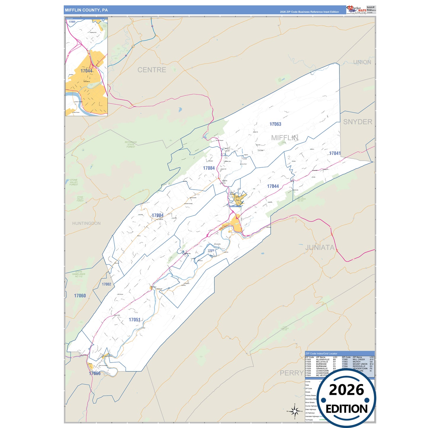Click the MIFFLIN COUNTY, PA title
(86, 10)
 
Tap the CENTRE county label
(152, 70)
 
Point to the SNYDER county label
(358, 122)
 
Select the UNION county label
(362, 62)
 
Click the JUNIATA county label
(320, 247)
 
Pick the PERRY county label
(291, 373)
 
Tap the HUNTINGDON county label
(86, 223)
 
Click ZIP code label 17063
(275, 124)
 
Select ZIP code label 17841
(335, 153)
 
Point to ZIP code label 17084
(209, 168)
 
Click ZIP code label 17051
(134, 320)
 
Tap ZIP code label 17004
(158, 215)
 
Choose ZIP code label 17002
(107, 284)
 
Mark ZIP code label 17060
(80, 296)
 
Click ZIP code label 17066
(95, 373)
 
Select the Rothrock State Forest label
(131, 145)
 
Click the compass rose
(294, 411)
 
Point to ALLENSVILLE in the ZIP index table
(323, 360)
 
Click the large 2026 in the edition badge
(346, 390)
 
